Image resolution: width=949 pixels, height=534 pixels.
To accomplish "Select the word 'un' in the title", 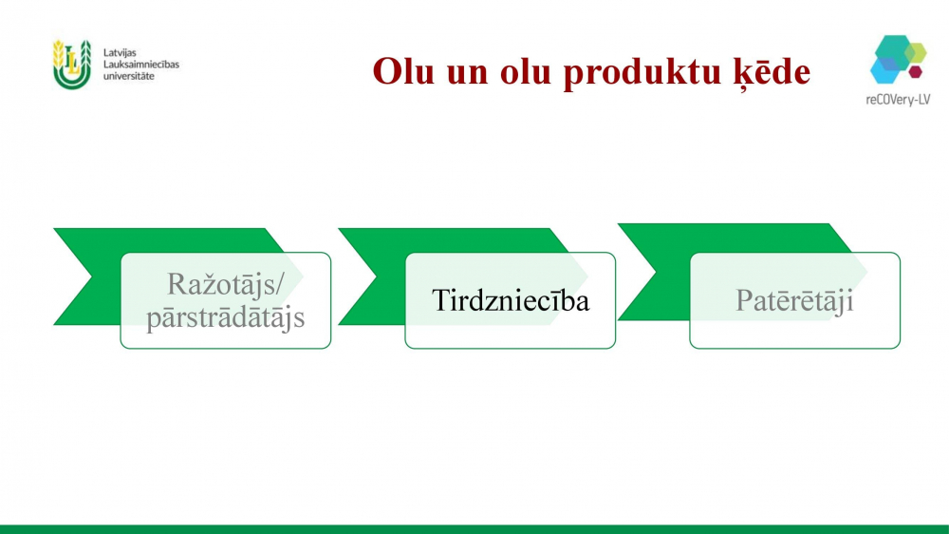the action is click(x=468, y=75).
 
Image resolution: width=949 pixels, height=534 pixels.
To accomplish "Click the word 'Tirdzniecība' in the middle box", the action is click(x=511, y=300).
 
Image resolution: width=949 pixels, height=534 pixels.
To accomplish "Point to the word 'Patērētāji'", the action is click(x=794, y=300).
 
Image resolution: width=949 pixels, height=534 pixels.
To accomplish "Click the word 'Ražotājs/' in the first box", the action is click(x=225, y=284).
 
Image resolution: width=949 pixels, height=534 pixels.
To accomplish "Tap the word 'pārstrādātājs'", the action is click(x=225, y=317).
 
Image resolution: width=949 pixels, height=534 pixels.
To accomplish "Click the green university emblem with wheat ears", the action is click(x=71, y=65).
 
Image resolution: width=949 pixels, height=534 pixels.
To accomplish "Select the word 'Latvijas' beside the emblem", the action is click(x=120, y=52).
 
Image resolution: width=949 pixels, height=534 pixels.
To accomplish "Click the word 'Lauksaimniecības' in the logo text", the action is click(x=141, y=65).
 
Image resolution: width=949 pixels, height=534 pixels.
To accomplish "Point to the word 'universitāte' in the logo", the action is click(x=129, y=76).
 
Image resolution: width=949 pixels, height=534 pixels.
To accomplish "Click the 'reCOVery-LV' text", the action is click(x=898, y=100).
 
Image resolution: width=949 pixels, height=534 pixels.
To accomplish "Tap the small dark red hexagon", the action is click(x=915, y=71).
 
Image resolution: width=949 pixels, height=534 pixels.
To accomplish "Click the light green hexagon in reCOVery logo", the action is click(x=916, y=52).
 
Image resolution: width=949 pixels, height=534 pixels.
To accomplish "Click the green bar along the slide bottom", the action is click(x=474, y=529).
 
